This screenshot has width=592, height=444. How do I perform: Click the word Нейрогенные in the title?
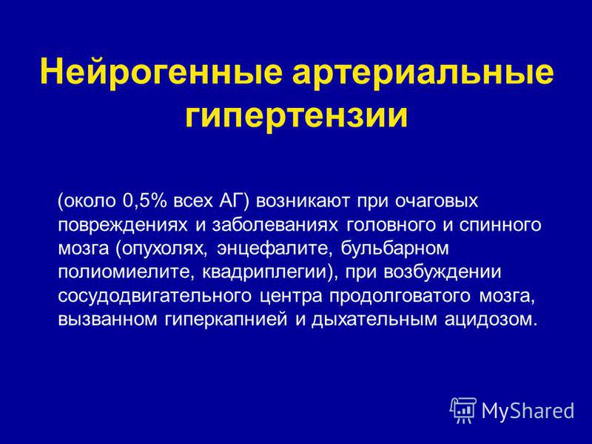coord(161,72)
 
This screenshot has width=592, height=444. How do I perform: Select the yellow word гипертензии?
coord(297,115)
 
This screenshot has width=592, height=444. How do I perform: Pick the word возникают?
coord(303,201)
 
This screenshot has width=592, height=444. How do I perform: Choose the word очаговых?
coord(437,202)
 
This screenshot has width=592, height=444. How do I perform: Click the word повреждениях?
coord(123,226)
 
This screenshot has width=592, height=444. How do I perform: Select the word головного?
coord(391,225)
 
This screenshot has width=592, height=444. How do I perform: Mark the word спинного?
coord(500,225)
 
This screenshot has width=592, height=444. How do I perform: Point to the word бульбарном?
coord(395,249)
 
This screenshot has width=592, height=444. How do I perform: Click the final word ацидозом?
coord(490,320)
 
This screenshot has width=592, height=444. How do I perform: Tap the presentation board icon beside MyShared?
coord(463,410)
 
